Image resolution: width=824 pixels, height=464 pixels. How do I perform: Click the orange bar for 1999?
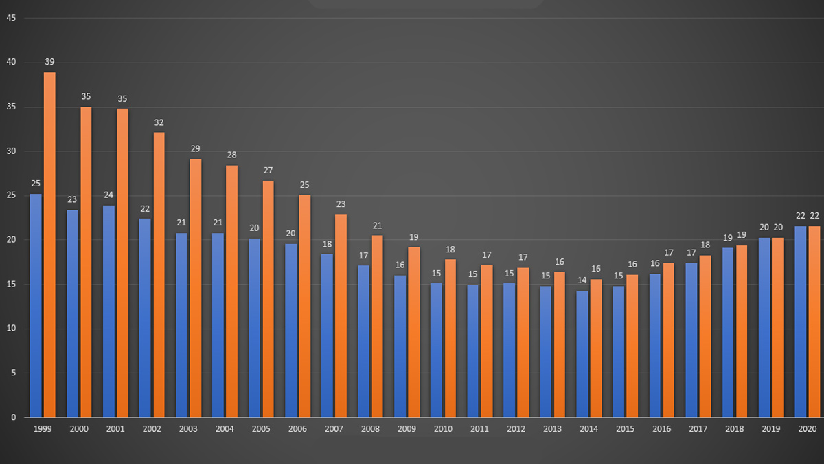[49, 244]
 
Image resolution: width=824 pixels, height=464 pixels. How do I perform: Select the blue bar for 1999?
[36, 305]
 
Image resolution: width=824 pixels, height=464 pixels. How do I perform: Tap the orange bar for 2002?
[159, 274]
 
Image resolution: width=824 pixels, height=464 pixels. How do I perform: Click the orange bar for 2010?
[450, 338]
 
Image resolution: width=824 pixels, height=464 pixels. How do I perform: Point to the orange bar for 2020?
[814, 322]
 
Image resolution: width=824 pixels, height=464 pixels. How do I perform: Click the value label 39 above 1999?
[49, 62]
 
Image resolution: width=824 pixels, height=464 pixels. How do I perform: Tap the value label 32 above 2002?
[159, 122]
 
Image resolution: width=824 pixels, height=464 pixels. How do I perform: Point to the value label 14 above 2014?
[582, 280]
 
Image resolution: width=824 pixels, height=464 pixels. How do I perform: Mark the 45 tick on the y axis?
[11, 19]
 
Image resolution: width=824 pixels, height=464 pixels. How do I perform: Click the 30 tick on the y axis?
[11, 152]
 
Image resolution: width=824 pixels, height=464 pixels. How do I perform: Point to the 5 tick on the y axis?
[13, 373]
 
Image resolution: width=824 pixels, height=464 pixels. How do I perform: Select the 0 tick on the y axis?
[13, 417]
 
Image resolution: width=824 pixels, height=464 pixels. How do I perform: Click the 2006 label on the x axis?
[297, 429]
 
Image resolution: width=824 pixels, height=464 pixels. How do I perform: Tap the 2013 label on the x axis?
[552, 429]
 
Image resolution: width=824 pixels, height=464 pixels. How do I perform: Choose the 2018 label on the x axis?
[734, 429]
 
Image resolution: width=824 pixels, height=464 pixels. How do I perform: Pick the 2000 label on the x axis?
[79, 429]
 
